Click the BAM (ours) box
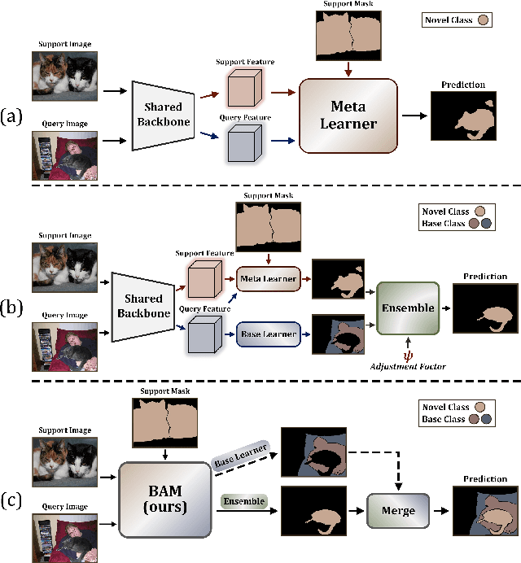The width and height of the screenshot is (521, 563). point(166,496)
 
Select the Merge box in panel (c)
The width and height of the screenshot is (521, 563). point(398,510)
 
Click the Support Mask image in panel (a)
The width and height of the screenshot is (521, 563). point(348,40)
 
